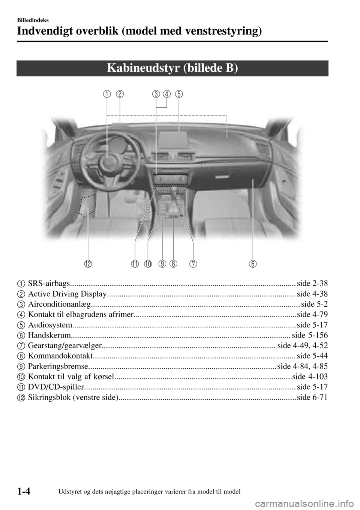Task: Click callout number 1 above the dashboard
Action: tap(108, 94)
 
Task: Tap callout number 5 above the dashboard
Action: tap(179, 94)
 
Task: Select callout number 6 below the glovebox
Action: tap(253, 264)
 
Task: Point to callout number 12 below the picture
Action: tap(88, 264)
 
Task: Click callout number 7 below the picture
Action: tap(193, 264)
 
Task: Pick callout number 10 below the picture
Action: tap(148, 264)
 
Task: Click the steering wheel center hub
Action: tap(107, 162)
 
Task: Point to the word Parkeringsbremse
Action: tap(58, 366)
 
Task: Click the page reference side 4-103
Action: tap(309, 376)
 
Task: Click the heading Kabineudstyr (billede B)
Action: tap(172, 68)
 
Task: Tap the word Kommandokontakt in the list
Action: tap(60, 355)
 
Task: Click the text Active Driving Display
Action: tap(67, 294)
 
